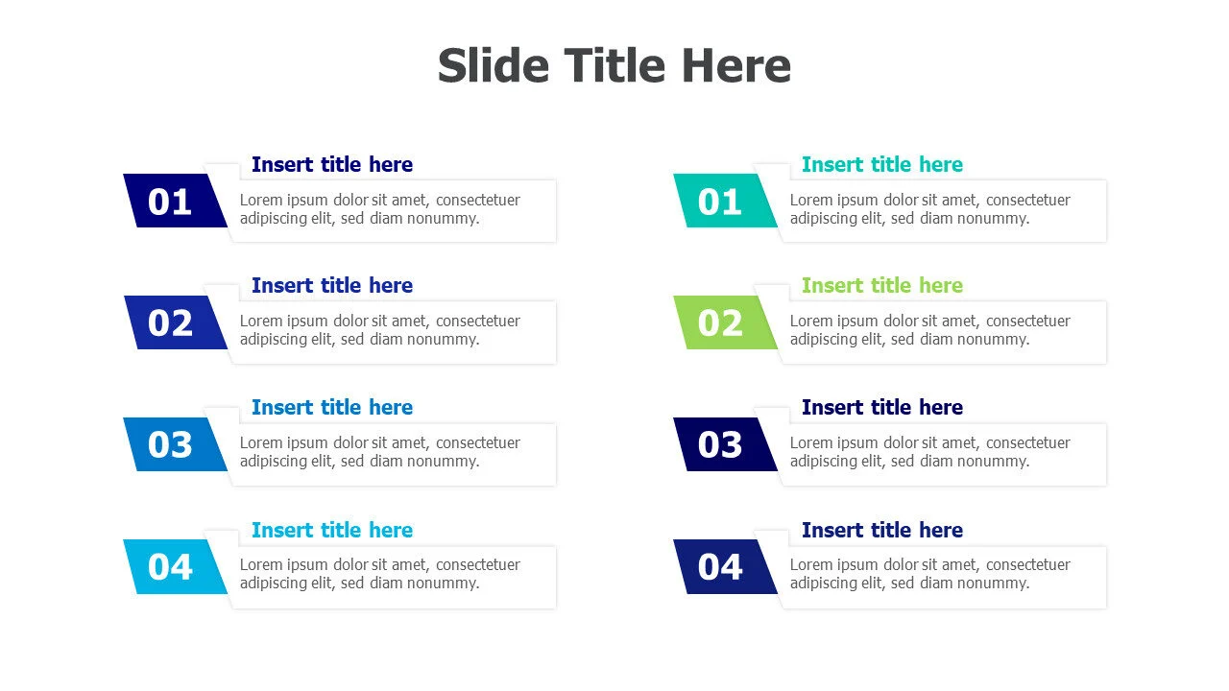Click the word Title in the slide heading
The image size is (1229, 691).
614,66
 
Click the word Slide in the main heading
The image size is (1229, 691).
494,66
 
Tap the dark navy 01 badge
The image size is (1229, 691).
175,201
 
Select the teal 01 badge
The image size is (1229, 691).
725,201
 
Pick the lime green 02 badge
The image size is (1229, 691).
725,322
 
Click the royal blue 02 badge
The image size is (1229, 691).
175,322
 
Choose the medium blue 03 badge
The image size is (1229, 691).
175,444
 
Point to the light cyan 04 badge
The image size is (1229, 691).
175,566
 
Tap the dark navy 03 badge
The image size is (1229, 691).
725,444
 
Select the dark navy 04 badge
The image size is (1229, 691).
725,566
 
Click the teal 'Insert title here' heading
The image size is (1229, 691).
882,164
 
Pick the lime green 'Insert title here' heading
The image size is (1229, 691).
882,286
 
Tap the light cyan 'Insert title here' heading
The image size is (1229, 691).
332,531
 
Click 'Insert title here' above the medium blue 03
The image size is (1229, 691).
332,408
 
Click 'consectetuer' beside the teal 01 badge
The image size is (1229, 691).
1028,201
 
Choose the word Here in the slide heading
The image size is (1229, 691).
736,66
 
